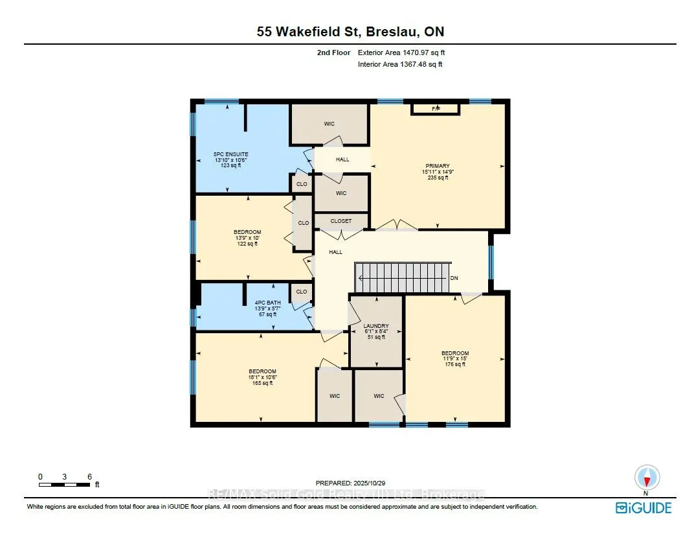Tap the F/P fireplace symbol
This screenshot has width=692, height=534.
tap(436, 108)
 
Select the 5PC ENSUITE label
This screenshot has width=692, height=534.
tap(227, 155)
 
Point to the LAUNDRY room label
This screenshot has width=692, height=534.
tap(375, 326)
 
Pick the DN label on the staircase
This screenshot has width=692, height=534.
tap(454, 277)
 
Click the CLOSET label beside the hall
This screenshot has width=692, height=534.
tap(340, 221)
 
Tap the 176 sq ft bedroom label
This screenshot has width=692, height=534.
tap(454, 353)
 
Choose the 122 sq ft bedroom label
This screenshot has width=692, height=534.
tap(247, 232)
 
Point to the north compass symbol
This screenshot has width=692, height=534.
tap(646, 479)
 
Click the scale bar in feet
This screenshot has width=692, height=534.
tap(64, 483)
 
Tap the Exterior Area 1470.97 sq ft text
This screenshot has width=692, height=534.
tap(401, 52)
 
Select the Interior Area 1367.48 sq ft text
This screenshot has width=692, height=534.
tap(400, 64)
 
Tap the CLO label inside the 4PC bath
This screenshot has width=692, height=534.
tap(302, 292)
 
